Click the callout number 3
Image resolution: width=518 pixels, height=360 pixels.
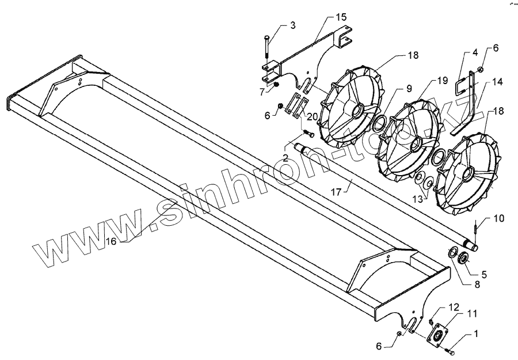tap(293, 26)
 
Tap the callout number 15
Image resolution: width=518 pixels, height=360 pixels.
tap(341, 18)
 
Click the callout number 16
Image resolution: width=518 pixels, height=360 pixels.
tap(111, 241)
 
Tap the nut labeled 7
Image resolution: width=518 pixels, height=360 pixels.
tap(276, 84)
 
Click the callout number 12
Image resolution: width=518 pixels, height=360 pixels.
tap(454, 306)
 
